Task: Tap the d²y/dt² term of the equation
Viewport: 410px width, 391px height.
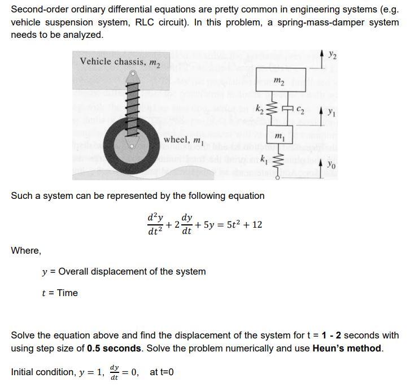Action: (155, 225)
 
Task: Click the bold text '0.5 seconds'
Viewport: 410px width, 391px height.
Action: (115, 348)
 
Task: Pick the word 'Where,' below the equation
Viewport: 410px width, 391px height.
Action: (26, 250)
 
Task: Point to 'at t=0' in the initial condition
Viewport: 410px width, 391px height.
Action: (162, 372)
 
